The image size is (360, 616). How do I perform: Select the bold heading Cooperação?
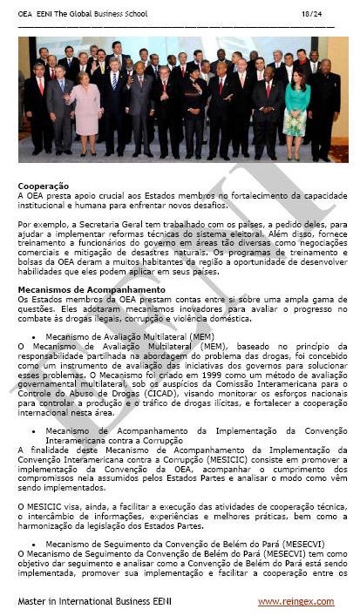pyautogui.click(x=44, y=186)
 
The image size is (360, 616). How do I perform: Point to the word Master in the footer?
pyautogui.click(x=33, y=602)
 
